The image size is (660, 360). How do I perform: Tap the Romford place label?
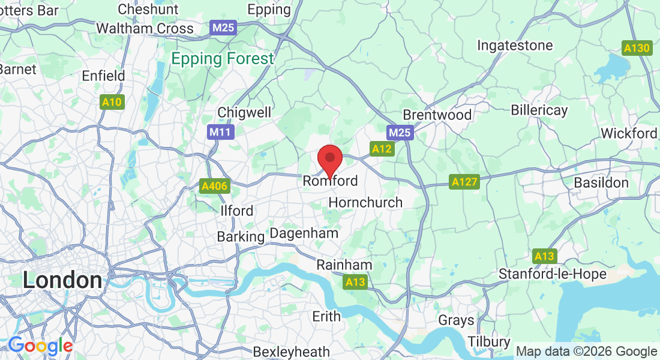pyautogui.click(x=330, y=181)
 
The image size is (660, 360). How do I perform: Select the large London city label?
pyautogui.click(x=62, y=280)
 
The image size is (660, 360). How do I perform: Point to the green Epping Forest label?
pyautogui.click(x=222, y=59)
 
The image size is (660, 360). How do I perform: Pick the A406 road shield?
pyautogui.click(x=214, y=186)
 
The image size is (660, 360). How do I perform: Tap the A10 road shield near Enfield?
pyautogui.click(x=112, y=103)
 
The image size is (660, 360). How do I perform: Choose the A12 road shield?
pyautogui.click(x=382, y=149)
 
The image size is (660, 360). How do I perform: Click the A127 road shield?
pyautogui.click(x=464, y=181)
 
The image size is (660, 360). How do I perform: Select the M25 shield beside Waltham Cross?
pyautogui.click(x=224, y=28)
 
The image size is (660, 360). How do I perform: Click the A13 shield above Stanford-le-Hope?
pyautogui.click(x=544, y=256)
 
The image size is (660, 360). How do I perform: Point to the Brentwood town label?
pyautogui.click(x=437, y=115)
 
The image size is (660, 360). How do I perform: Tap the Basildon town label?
pyautogui.click(x=601, y=182)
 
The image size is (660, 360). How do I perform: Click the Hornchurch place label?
pyautogui.click(x=365, y=202)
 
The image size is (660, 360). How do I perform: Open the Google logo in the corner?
pyautogui.click(x=40, y=346)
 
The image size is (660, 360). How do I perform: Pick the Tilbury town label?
pyautogui.click(x=488, y=341)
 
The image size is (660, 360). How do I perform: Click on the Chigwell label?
pyautogui.click(x=244, y=112)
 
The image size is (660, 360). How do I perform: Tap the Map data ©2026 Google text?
pyautogui.click(x=586, y=352)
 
